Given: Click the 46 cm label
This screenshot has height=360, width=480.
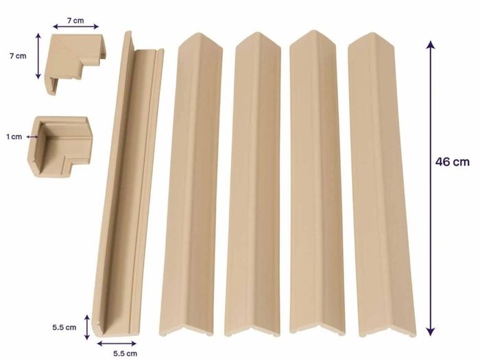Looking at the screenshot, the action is [452, 162].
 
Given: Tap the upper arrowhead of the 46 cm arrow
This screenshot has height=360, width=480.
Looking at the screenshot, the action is [431, 45].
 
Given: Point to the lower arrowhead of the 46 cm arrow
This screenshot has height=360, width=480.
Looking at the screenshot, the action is [431, 331].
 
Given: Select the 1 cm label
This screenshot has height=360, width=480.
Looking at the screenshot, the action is [14, 137].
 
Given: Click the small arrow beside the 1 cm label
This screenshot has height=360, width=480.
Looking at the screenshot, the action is [32, 137].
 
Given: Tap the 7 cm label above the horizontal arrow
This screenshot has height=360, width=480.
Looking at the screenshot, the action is [75, 21].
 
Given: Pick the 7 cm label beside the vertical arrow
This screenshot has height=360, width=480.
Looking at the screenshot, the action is [18, 56].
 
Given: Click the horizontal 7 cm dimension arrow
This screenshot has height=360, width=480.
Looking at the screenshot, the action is [75, 27].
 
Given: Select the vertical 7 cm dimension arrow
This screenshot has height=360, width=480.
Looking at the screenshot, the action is [38, 56].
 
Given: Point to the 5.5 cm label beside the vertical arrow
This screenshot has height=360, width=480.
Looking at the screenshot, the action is [64, 327].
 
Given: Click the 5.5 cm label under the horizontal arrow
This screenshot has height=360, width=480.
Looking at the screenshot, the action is [125, 354].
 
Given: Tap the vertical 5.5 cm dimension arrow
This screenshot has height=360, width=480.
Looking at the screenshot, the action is [87, 327].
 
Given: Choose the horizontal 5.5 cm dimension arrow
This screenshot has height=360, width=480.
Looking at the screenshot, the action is [117, 344].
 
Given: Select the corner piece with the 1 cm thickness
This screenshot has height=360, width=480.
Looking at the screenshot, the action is [61, 147].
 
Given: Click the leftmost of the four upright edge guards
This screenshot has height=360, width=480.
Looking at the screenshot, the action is [191, 184].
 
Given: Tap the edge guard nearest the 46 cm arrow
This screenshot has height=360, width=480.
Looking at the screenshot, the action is [383, 184].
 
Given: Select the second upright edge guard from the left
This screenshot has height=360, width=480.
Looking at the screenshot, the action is [254, 184].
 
